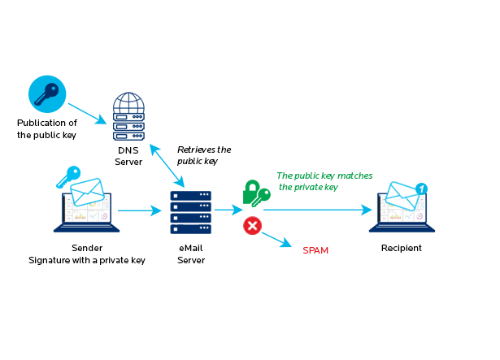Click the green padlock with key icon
tap(255, 194)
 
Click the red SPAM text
tap(315, 250)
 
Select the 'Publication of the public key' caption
tap(46, 129)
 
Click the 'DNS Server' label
tap(128, 156)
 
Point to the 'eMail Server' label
tap(190, 254)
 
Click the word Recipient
tap(401, 248)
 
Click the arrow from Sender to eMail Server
tap(139, 211)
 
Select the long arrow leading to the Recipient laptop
tap(317, 210)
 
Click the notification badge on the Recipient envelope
tap(421, 189)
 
